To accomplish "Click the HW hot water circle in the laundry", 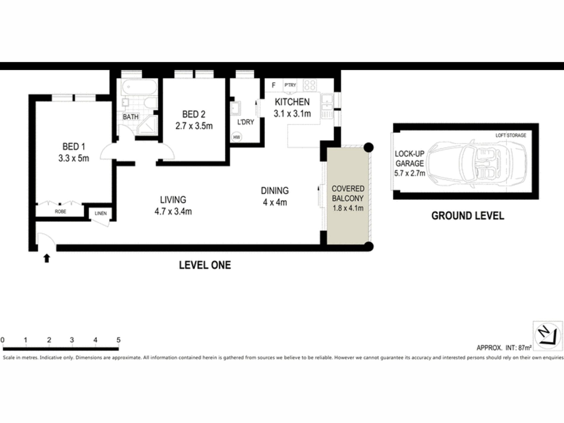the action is pos(237,137).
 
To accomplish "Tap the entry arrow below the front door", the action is pos(47,258).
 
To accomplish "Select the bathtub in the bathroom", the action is pos(139,87).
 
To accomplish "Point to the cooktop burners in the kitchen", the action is pos(310,85).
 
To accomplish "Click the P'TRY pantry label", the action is pos(290,85).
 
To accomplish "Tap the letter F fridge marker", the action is pos(273,85).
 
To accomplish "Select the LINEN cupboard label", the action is pos(101,213).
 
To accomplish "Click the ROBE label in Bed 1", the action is pos(60,212).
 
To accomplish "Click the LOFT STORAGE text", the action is pos(511,135).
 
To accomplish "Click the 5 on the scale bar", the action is pos(118,340).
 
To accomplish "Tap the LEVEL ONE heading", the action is pos(205,265).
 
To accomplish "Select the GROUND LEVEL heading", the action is pos(468,216).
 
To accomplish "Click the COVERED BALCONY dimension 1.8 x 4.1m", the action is pos(348,208).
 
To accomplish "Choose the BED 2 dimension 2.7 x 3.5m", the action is pos(194,126).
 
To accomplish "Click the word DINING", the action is pos(275,191).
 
